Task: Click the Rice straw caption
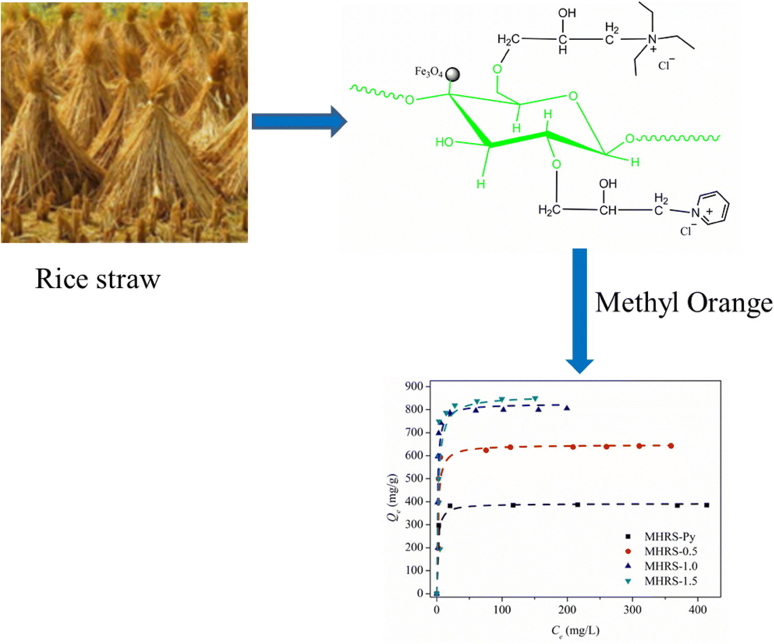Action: click(x=98, y=279)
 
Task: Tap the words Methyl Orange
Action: click(x=684, y=303)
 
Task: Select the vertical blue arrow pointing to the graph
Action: click(x=579, y=309)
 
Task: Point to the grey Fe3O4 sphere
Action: click(x=453, y=75)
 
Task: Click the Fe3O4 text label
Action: click(x=428, y=72)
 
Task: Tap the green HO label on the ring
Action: click(x=444, y=142)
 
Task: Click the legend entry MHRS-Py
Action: click(x=670, y=537)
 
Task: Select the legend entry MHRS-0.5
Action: click(x=670, y=551)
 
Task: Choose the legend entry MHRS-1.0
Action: click(x=670, y=566)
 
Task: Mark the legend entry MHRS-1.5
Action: click(x=670, y=581)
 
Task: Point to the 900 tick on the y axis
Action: click(x=414, y=386)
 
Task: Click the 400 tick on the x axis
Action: click(x=698, y=610)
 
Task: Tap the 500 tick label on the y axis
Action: click(x=414, y=478)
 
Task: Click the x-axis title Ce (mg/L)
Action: click(x=575, y=631)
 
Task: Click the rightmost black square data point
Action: click(x=706, y=505)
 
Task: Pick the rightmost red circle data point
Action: click(x=671, y=446)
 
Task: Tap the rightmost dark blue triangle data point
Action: click(x=567, y=408)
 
